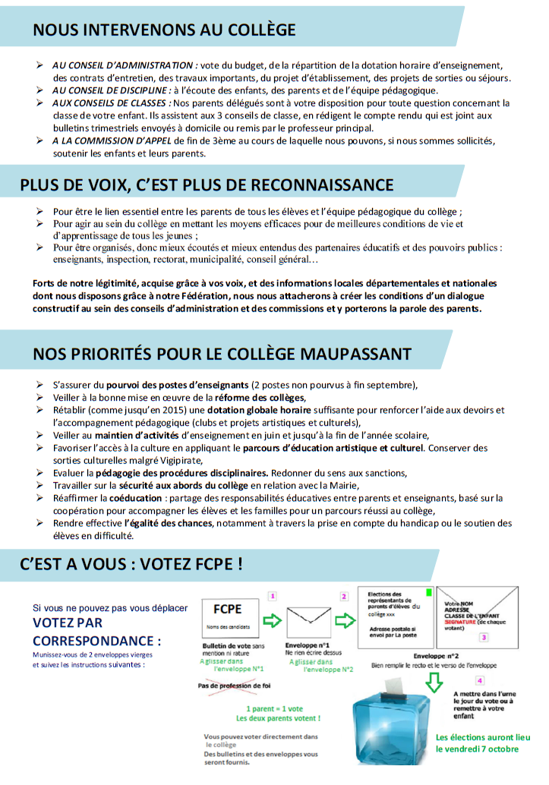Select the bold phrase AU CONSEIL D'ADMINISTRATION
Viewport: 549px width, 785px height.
click(x=125, y=66)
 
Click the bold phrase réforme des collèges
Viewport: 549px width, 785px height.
click(x=260, y=397)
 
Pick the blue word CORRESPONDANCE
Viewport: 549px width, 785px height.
click(x=96, y=639)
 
